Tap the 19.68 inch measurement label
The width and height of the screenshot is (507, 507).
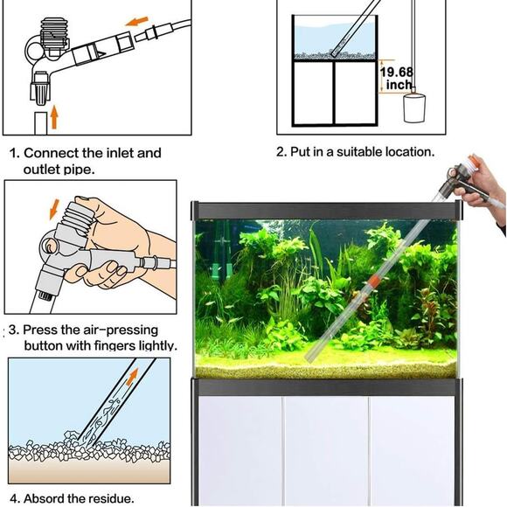coord(398,78)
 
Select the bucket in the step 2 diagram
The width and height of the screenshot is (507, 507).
coord(413,108)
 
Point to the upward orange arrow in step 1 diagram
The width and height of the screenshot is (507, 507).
coord(54,115)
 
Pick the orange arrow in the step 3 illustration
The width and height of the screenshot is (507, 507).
coord(53,209)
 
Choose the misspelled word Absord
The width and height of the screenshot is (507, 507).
coord(47,499)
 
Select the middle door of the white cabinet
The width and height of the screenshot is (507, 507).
coord(326,450)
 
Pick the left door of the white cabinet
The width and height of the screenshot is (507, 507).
coord(239,450)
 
